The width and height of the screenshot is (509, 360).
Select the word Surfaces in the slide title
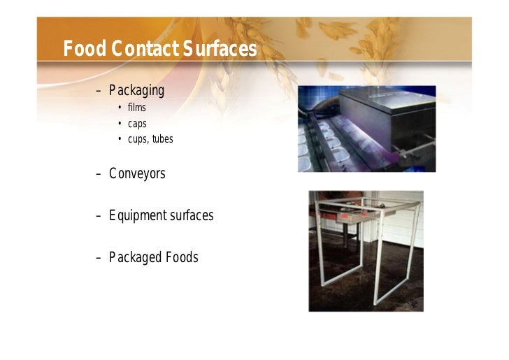221,50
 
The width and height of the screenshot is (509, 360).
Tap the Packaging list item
136,91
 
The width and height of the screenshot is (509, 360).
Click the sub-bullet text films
136,108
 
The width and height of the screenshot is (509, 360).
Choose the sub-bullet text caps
137,124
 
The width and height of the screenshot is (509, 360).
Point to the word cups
138,139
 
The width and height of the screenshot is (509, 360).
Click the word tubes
162,139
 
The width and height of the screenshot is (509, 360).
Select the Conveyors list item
137,174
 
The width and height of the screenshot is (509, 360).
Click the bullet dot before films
120,108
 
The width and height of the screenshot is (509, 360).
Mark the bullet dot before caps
120,124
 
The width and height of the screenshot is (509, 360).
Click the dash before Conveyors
99,174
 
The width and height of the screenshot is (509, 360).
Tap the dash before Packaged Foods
99,257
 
